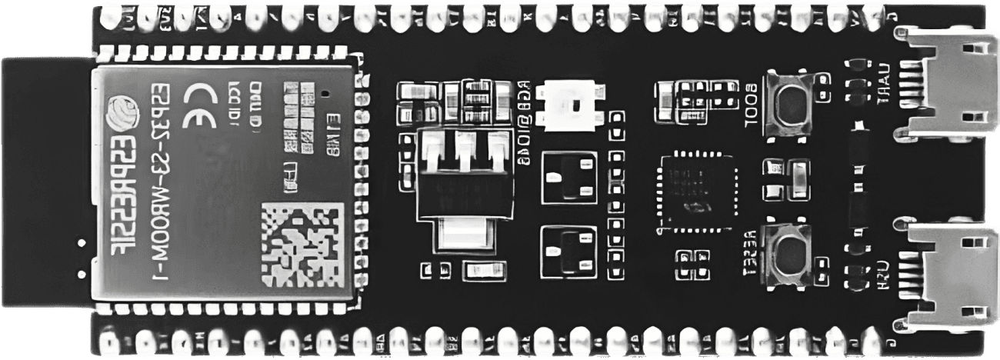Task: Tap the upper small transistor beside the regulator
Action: [x=569, y=178]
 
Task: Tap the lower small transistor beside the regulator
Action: [x=569, y=251]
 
